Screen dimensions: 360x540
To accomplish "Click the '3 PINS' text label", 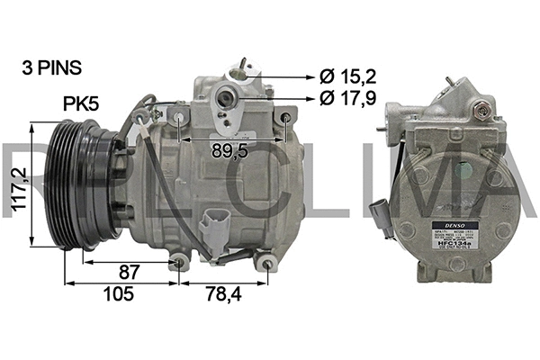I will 51,67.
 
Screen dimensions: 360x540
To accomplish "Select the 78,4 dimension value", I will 223,293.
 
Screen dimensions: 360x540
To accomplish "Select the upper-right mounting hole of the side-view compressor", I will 286,118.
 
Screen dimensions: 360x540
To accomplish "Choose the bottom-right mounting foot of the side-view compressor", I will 265,263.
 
